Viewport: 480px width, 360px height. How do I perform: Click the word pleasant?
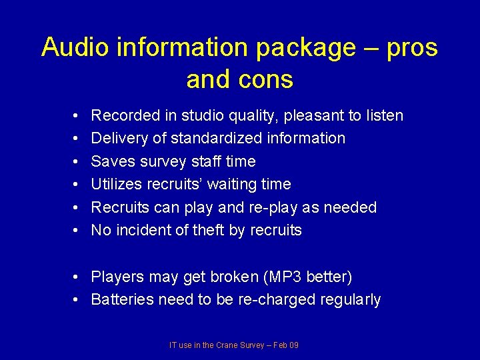tap(311, 116)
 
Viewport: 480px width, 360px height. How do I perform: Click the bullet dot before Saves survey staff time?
tap(77, 162)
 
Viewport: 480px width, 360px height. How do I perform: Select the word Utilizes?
tap(117, 185)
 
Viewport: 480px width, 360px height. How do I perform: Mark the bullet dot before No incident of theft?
tap(77, 231)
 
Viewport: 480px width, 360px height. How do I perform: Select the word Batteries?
tap(122, 300)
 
